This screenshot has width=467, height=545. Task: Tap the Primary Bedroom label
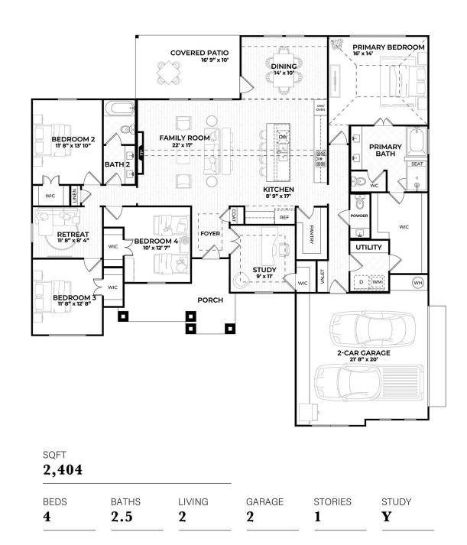(388, 47)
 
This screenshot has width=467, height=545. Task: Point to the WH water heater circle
(418, 284)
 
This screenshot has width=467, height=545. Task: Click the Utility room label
(368, 248)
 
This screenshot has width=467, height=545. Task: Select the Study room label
(264, 270)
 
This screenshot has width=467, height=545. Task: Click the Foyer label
(210, 234)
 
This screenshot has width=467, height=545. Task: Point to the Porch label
(210, 300)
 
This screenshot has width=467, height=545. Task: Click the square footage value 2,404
(62, 469)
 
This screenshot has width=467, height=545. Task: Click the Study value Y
(387, 517)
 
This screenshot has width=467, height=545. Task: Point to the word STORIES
(332, 502)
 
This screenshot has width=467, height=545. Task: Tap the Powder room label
(359, 216)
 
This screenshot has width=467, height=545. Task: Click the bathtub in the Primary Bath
(417, 142)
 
